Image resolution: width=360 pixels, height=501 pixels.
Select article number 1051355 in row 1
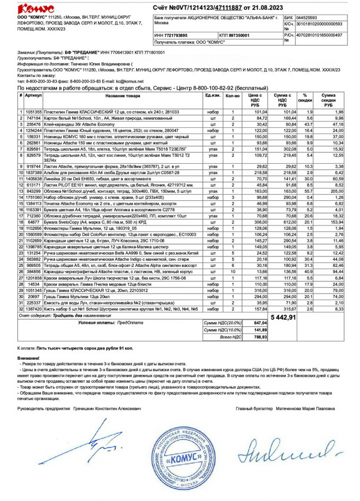pyautogui.click(x=33, y=111)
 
